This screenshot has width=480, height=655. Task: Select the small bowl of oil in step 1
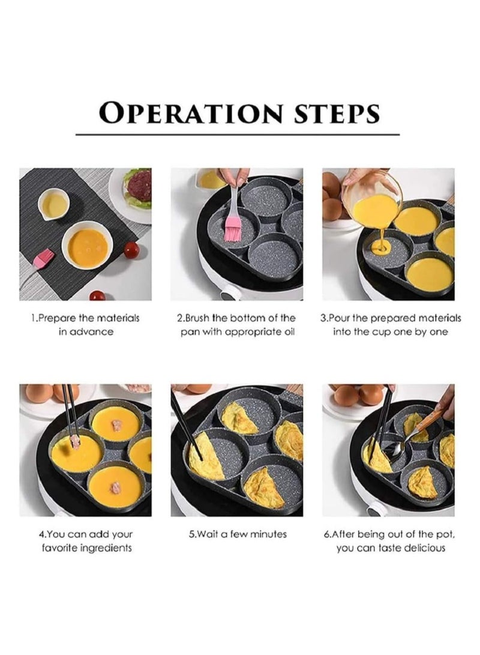coord(54,205)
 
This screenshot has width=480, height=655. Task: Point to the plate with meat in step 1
coord(133,191)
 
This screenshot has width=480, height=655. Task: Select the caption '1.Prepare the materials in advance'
coord(85,324)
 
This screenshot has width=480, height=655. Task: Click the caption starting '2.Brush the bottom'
coord(238,324)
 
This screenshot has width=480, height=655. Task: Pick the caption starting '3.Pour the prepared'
coord(390,324)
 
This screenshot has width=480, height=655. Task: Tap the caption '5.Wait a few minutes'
coord(238,534)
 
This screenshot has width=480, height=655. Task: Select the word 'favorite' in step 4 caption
coord(57,548)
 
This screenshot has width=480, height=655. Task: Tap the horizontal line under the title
coord(239,134)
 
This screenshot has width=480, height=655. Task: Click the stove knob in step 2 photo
coord(227,294)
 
